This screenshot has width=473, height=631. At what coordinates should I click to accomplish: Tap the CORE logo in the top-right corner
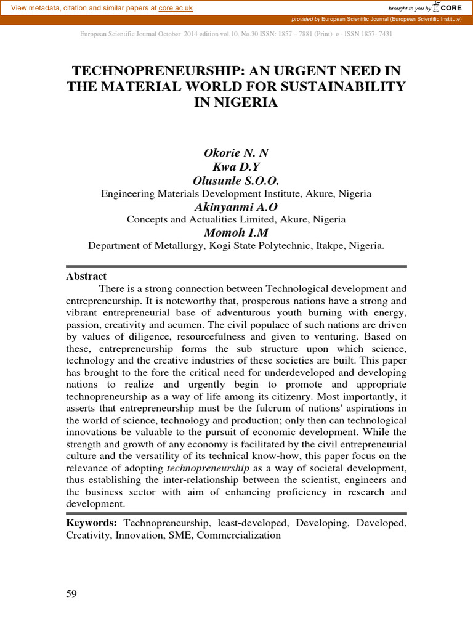[448, 7]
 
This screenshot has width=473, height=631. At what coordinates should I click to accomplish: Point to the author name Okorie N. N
[236, 153]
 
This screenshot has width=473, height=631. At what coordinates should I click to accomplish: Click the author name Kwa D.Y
[236, 167]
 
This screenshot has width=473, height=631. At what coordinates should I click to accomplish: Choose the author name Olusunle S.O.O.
[236, 181]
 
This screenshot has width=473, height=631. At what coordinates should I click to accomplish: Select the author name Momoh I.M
[236, 232]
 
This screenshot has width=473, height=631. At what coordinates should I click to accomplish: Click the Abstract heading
[86, 276]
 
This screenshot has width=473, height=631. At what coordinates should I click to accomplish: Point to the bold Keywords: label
[92, 523]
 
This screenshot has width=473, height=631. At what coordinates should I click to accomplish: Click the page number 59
[71, 594]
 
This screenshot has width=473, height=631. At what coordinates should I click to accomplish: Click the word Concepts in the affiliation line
[147, 219]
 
